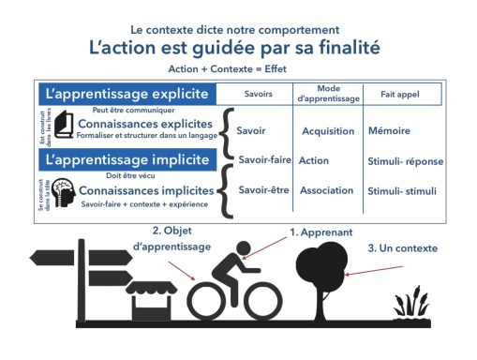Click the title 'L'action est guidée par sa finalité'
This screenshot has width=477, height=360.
[238, 46]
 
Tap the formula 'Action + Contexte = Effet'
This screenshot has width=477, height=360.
[238, 68]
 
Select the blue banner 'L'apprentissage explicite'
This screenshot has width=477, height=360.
[126, 95]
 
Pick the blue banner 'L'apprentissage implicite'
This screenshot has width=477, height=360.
[126, 160]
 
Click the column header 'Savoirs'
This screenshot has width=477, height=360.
[259, 95]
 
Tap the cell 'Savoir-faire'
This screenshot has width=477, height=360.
[262, 160]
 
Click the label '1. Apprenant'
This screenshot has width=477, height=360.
[320, 231]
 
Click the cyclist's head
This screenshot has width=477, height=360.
[243, 249]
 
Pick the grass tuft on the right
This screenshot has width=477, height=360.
[410, 305]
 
